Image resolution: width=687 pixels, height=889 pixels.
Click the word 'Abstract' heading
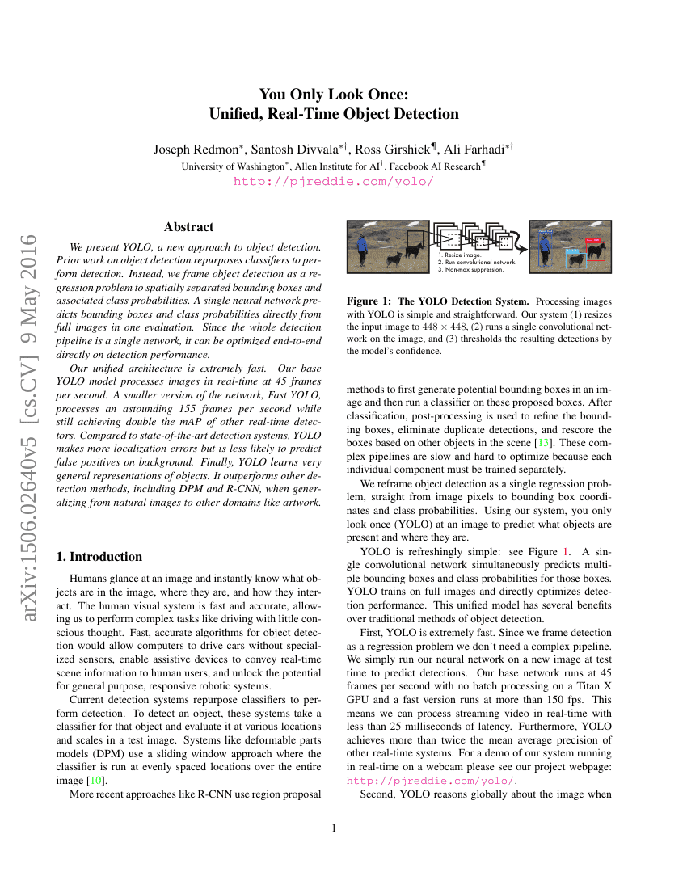pos(188,227)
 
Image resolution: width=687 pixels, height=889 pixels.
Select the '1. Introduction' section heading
pos(99,557)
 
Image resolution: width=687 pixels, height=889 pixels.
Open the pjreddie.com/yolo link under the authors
pos(334,182)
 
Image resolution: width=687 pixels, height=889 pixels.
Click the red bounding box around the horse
pos(594,249)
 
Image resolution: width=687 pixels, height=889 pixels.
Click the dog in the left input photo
pos(394,259)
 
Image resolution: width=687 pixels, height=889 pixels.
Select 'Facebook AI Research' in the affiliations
pos(437,166)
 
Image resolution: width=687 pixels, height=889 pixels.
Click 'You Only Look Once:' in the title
pos(334,95)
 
